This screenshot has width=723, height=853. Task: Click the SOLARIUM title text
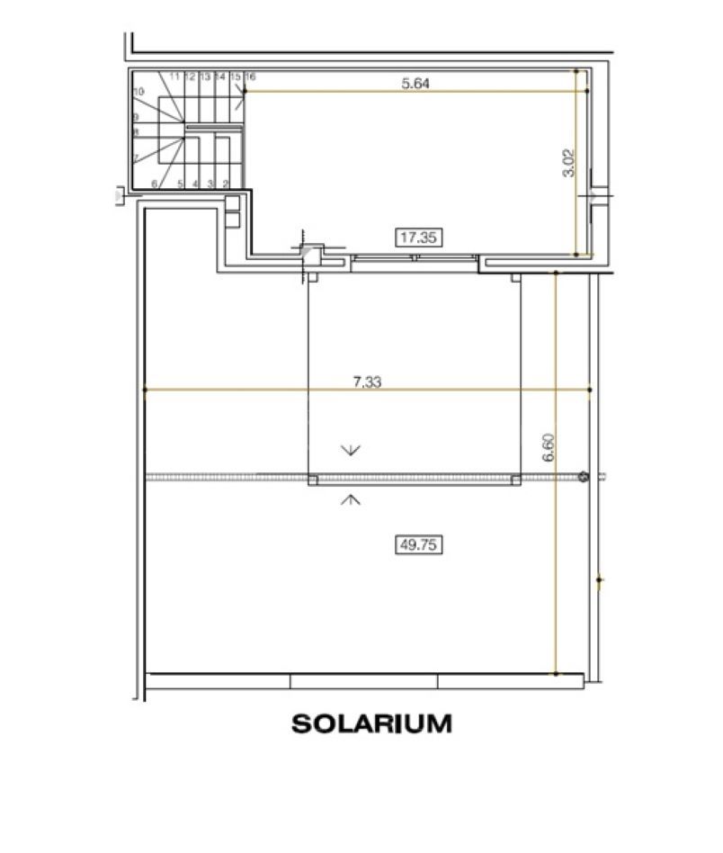[x=371, y=723]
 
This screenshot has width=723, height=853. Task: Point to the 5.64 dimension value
[x=415, y=84]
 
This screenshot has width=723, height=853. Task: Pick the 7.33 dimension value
[x=367, y=382]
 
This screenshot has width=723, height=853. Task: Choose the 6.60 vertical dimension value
[x=548, y=447]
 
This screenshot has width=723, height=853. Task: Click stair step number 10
[x=138, y=92]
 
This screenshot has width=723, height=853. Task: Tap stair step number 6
[x=155, y=184]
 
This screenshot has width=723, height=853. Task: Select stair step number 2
[x=225, y=184]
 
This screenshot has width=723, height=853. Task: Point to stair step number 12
[x=191, y=77]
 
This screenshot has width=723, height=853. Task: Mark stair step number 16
[x=250, y=77]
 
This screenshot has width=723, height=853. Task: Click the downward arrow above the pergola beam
[x=351, y=449]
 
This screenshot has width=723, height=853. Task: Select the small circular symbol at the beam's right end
[x=584, y=477]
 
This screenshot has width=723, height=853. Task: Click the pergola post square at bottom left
[x=313, y=480]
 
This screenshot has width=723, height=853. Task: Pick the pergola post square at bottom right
[x=516, y=480]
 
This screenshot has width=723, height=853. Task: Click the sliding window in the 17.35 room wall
[x=414, y=262]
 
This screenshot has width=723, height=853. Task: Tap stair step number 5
[x=181, y=184]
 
